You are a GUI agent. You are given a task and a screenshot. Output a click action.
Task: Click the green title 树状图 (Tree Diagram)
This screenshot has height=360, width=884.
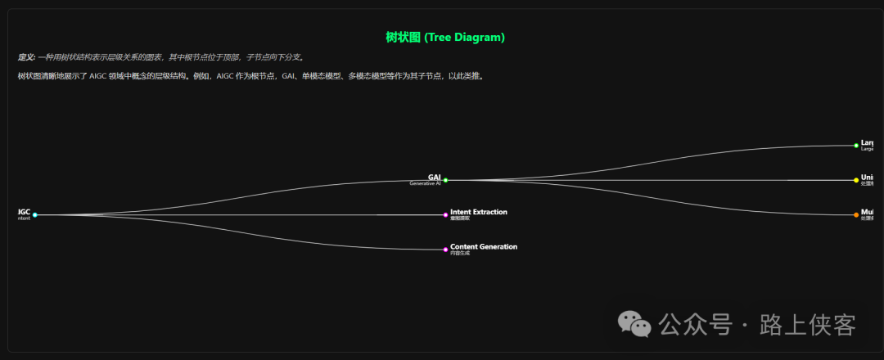445,38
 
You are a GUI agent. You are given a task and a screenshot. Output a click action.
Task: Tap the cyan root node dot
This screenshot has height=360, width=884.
35,215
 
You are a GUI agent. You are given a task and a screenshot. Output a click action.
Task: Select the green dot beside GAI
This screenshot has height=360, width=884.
445,180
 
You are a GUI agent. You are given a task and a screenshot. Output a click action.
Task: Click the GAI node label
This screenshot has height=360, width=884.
434,177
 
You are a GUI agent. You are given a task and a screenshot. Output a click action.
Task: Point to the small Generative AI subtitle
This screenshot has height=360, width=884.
425,184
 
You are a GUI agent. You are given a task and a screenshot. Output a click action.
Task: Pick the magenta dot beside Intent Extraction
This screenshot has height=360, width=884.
445,215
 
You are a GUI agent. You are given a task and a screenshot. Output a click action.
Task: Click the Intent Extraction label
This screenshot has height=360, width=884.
478,212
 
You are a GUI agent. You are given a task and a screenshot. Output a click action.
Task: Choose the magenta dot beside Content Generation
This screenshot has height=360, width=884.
445,250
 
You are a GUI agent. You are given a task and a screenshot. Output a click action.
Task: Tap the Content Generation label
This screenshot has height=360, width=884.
483,246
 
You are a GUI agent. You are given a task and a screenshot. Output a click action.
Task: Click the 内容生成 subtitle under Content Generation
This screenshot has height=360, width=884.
459,254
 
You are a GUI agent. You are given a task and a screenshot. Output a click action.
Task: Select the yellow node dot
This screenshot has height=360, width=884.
856,180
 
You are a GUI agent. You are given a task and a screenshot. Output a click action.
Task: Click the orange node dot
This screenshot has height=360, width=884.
856,215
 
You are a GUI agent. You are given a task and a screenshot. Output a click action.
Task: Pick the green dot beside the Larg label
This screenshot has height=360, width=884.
856,146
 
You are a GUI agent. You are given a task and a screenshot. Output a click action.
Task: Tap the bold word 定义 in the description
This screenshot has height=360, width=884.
26,57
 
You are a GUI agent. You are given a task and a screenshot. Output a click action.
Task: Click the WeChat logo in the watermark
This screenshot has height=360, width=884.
635,324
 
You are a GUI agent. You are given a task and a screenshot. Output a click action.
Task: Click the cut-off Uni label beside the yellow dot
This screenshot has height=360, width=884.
867,177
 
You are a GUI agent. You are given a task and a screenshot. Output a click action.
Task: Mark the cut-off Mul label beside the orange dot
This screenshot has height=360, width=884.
867,212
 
